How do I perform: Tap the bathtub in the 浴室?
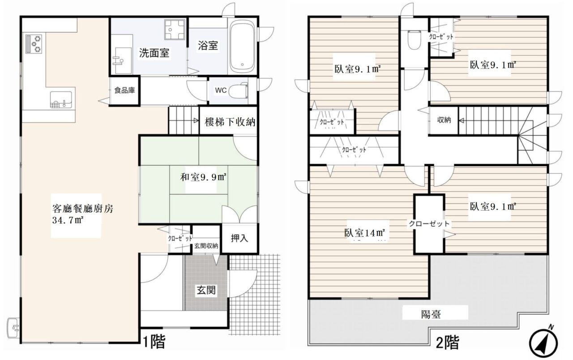click(x=243, y=46)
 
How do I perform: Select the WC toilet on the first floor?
click(x=238, y=90)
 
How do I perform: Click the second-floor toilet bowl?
click(x=415, y=40)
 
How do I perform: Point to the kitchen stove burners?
click(x=34, y=44)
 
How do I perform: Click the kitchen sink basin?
click(x=61, y=99)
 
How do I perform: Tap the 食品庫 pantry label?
click(x=124, y=90)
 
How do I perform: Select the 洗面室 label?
click(x=154, y=53)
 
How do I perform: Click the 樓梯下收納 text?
click(x=230, y=122)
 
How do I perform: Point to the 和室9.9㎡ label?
click(x=203, y=177)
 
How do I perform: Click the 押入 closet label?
click(x=239, y=238)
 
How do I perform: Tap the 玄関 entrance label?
click(x=206, y=290)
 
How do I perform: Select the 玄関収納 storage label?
click(x=206, y=246)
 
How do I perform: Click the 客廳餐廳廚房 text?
click(x=83, y=209)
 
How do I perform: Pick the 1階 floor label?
click(x=154, y=341)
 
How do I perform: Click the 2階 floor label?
click(x=447, y=343)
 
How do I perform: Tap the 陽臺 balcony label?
click(x=431, y=314)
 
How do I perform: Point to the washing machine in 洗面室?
click(x=175, y=30)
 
